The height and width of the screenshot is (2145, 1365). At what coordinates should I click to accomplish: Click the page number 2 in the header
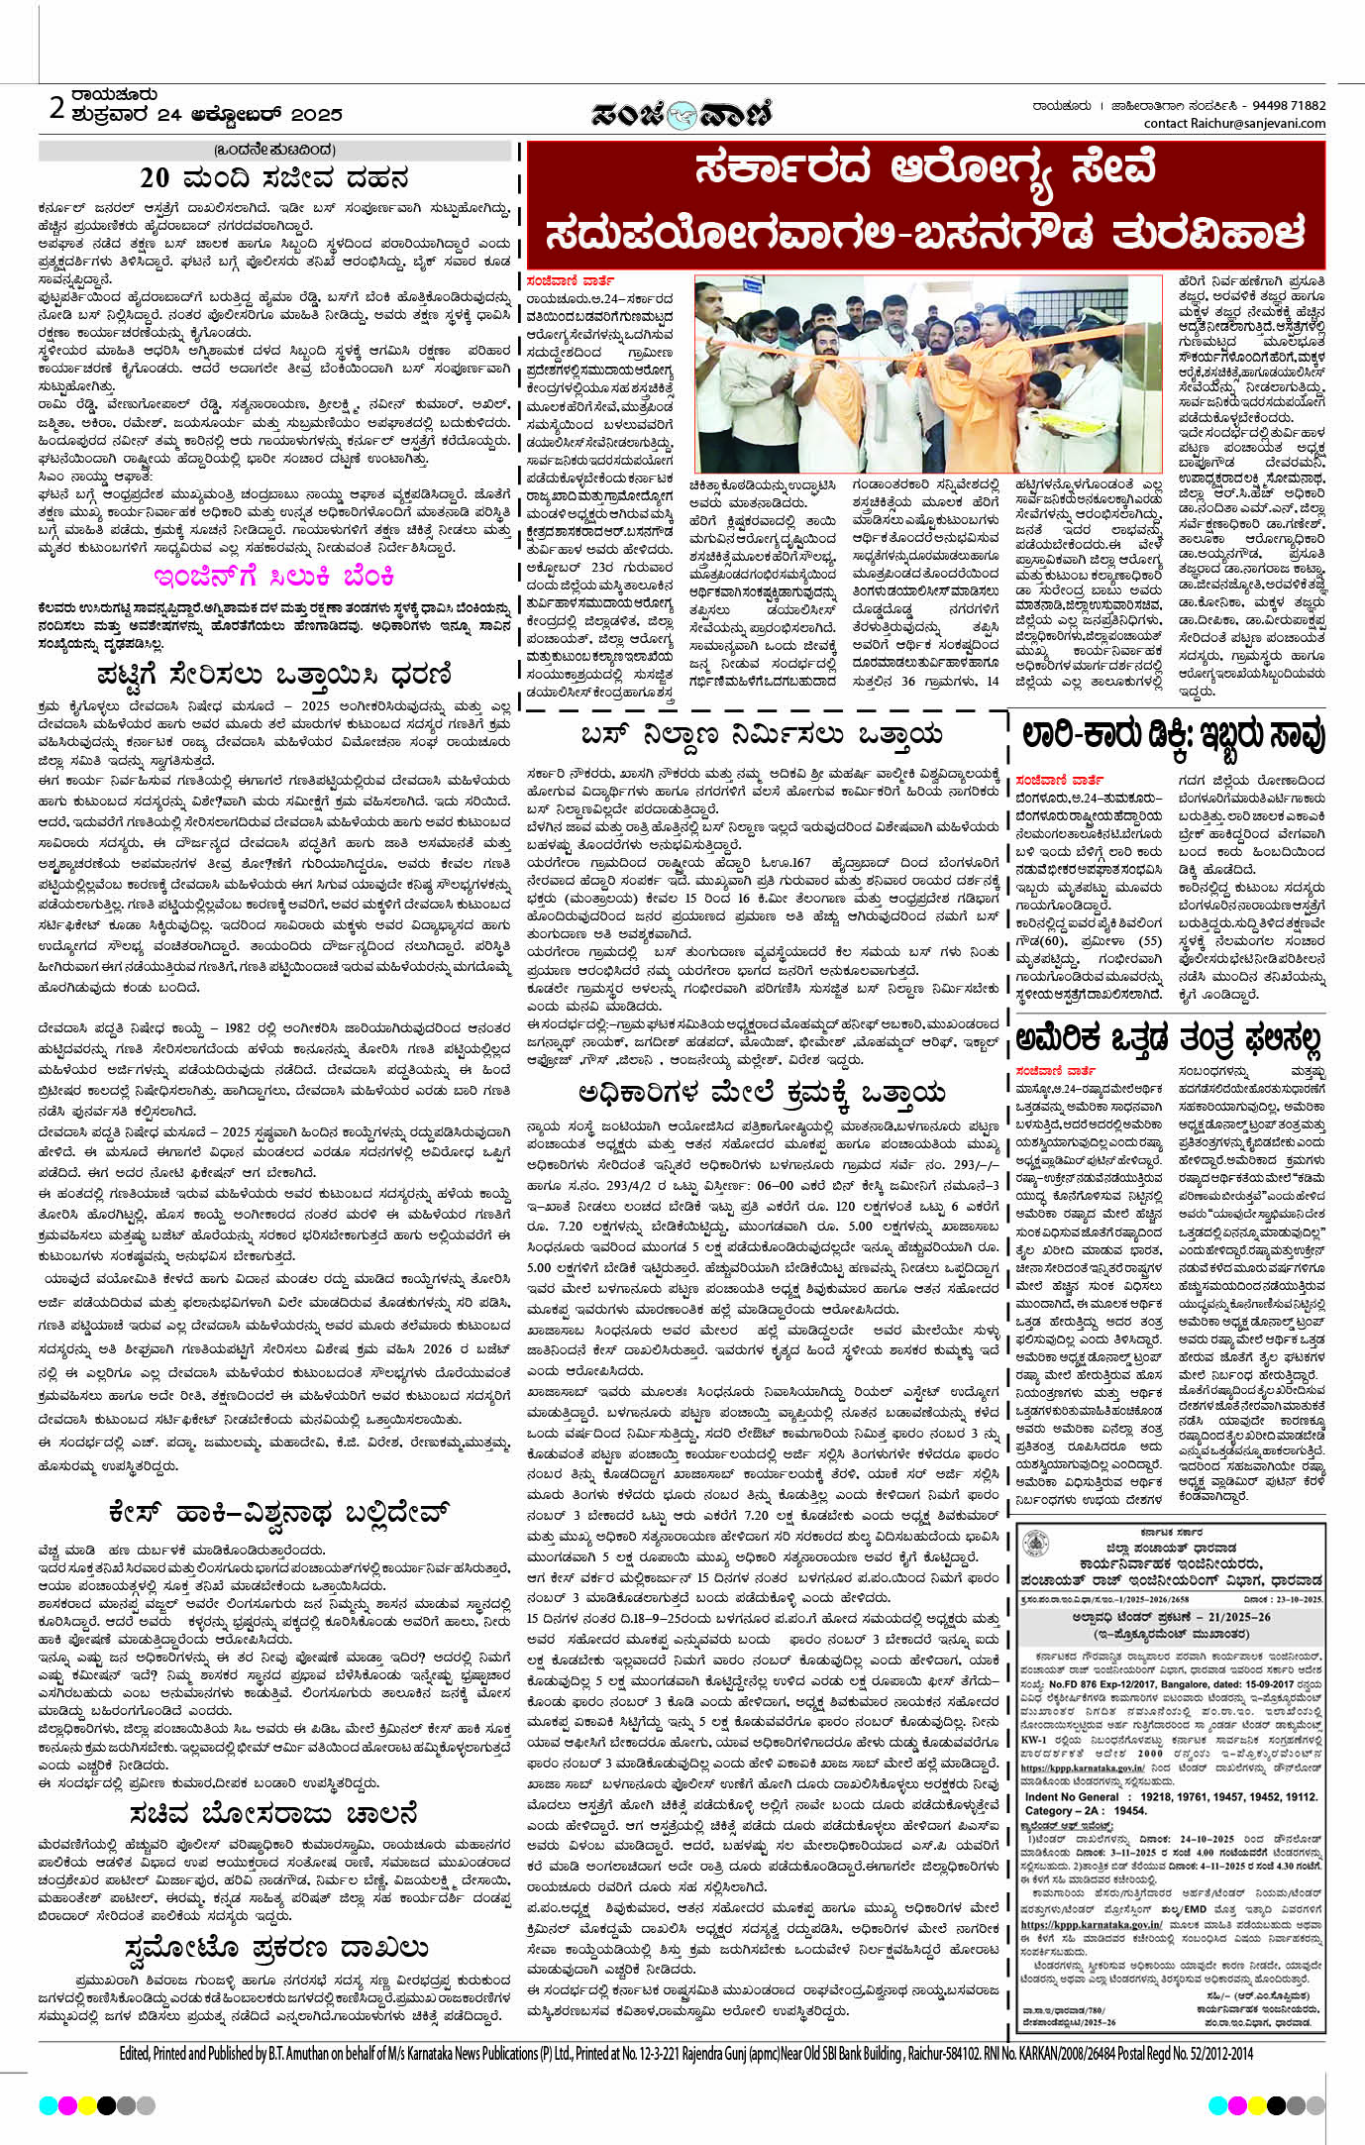[x=56, y=107]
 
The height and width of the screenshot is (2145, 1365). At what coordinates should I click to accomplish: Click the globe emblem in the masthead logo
[x=682, y=115]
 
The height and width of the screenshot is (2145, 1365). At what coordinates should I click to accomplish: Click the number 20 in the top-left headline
[x=155, y=178]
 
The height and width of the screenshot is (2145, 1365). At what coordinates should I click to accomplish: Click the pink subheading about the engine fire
[x=273, y=577]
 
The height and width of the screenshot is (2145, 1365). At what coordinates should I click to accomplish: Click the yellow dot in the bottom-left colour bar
[x=86, y=2104]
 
